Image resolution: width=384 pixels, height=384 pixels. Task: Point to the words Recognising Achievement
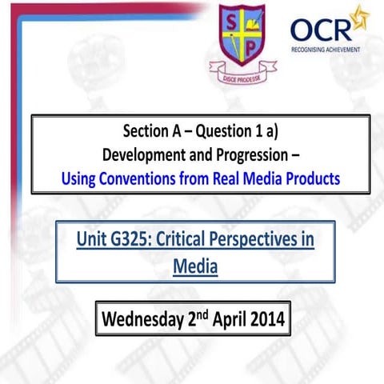pyautogui.click(x=325, y=50)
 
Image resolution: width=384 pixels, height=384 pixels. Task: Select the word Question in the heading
pyautogui.click(x=218, y=131)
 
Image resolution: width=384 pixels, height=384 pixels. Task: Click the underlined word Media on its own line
pyautogui.click(x=194, y=265)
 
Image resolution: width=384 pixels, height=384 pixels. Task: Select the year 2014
pyautogui.click(x=265, y=321)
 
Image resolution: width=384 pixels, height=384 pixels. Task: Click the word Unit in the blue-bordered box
pyautogui.click(x=94, y=240)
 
